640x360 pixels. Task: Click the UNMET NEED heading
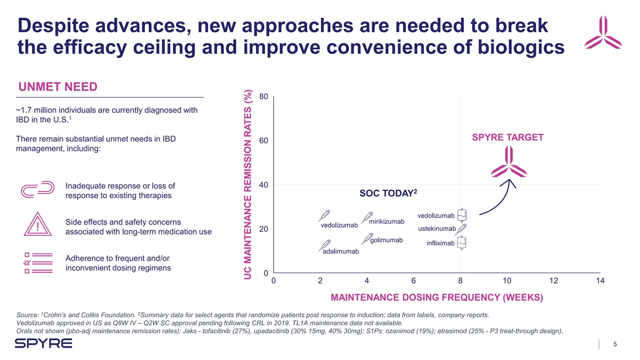tap(58, 86)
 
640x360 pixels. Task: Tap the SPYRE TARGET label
tap(508, 138)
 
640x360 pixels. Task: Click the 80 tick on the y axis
tap(262, 97)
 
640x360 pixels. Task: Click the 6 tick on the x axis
tap(413, 281)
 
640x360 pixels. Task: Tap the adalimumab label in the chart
tap(341, 251)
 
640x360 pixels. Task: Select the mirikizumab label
tap(387, 221)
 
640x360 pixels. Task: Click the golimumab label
tap(386, 240)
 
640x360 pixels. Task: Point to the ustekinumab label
tap(437, 229)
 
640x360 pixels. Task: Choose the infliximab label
tap(441, 244)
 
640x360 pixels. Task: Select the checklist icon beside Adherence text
tap(35, 262)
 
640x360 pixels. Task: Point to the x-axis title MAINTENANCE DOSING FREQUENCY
tap(437, 297)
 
